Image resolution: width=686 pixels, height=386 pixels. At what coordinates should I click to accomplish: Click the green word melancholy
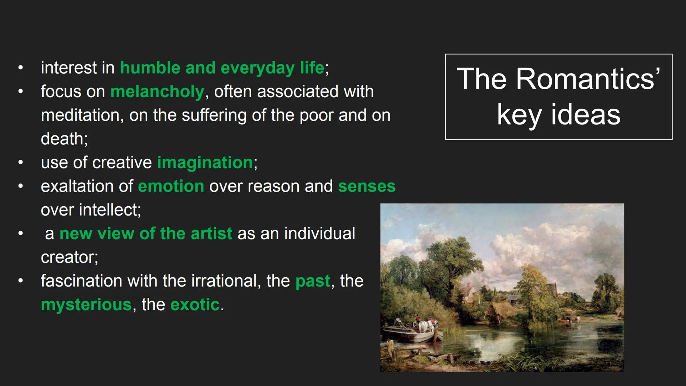point(157,92)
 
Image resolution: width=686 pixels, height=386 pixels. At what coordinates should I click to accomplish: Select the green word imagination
point(205,163)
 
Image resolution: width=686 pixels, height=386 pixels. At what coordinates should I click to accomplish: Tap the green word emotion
point(171,186)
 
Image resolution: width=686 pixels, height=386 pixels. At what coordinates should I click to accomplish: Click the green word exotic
point(195,305)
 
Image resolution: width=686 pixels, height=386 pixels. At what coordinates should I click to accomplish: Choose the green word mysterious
point(86,305)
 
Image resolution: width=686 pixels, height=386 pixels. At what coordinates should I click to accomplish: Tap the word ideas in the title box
point(586,115)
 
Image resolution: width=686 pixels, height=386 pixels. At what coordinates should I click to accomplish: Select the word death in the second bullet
point(62,139)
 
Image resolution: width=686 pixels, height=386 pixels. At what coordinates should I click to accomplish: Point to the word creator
point(68,257)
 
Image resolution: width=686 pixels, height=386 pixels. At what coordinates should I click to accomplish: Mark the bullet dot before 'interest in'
point(21,68)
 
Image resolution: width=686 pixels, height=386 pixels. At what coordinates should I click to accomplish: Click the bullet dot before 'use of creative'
point(21,162)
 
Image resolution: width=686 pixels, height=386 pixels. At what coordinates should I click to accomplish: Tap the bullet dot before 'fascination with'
point(21,281)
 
